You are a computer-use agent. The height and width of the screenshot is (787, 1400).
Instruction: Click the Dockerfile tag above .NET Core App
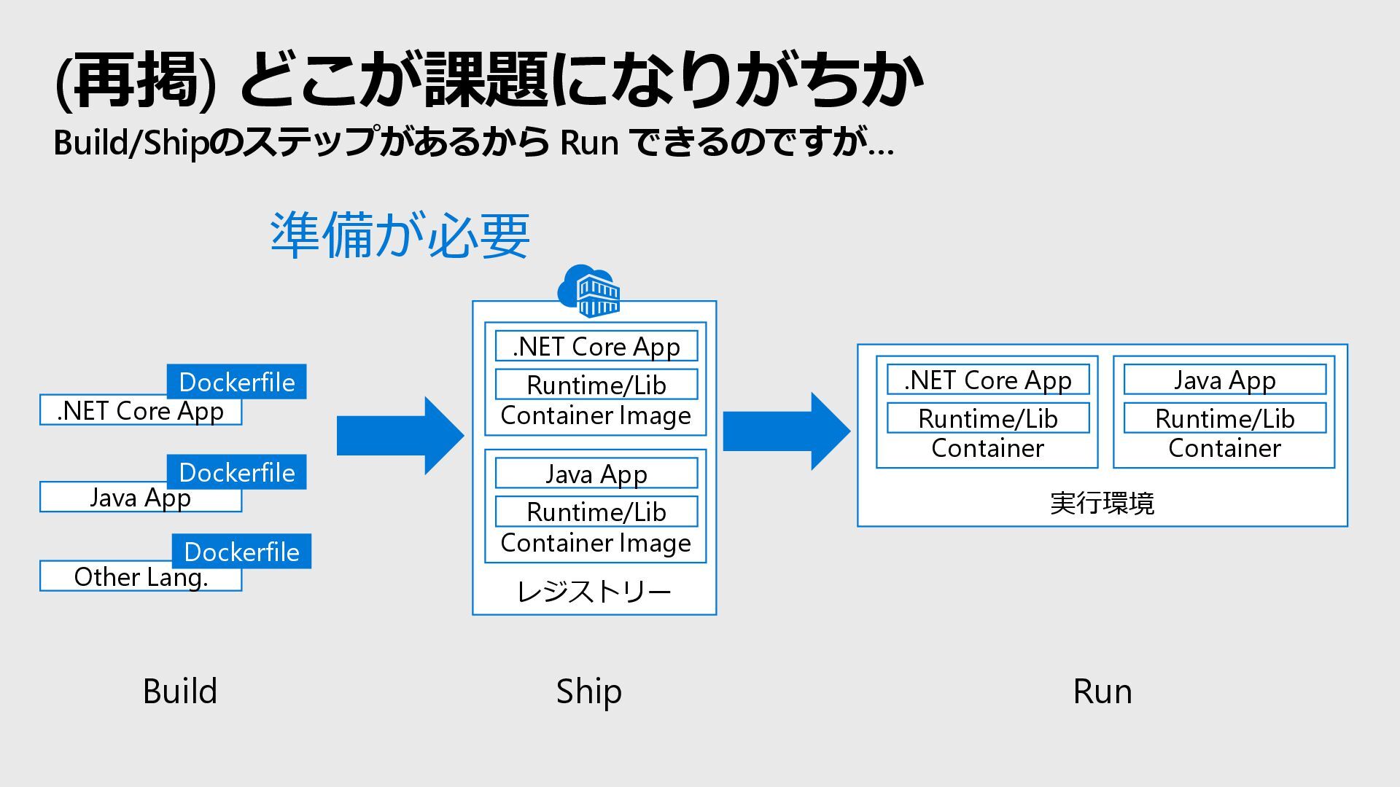[236, 381]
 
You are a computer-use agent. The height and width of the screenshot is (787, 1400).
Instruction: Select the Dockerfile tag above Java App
[236, 471]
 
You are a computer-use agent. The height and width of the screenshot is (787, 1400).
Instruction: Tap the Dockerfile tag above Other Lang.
[241, 551]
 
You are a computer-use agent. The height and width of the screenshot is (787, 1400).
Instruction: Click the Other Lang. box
[141, 576]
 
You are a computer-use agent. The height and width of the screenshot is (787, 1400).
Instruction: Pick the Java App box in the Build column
[141, 497]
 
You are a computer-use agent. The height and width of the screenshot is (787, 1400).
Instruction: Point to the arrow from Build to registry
[400, 436]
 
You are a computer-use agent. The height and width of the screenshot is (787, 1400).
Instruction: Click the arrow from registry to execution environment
[787, 431]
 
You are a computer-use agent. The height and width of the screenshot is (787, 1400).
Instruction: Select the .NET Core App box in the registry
[596, 346]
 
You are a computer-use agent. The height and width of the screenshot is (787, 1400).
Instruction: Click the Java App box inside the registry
[596, 474]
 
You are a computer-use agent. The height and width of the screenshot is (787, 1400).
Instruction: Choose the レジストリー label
[594, 592]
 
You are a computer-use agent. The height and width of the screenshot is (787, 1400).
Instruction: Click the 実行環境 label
[1102, 503]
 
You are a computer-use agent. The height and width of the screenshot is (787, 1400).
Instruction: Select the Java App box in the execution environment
[1225, 380]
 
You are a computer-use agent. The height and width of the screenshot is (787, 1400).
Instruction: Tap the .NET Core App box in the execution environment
[988, 380]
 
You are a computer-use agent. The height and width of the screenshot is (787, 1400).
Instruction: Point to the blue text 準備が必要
[400, 235]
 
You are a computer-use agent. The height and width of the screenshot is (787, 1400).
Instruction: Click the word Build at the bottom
[180, 691]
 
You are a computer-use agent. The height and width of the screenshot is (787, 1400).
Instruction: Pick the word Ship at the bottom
[589, 692]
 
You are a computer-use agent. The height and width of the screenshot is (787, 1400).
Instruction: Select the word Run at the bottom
[1102, 692]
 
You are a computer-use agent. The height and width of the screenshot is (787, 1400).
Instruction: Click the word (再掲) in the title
[136, 80]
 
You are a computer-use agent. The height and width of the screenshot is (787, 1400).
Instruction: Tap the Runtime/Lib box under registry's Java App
[596, 512]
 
